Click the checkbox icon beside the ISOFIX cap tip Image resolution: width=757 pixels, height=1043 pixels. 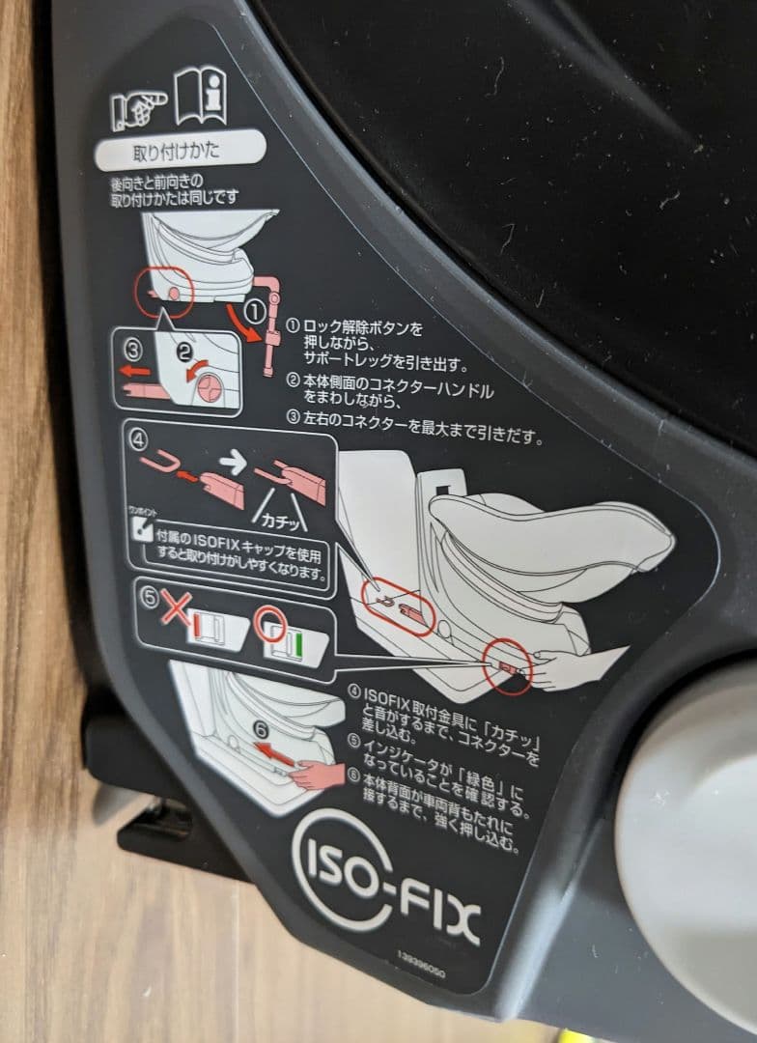(x=138, y=529)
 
